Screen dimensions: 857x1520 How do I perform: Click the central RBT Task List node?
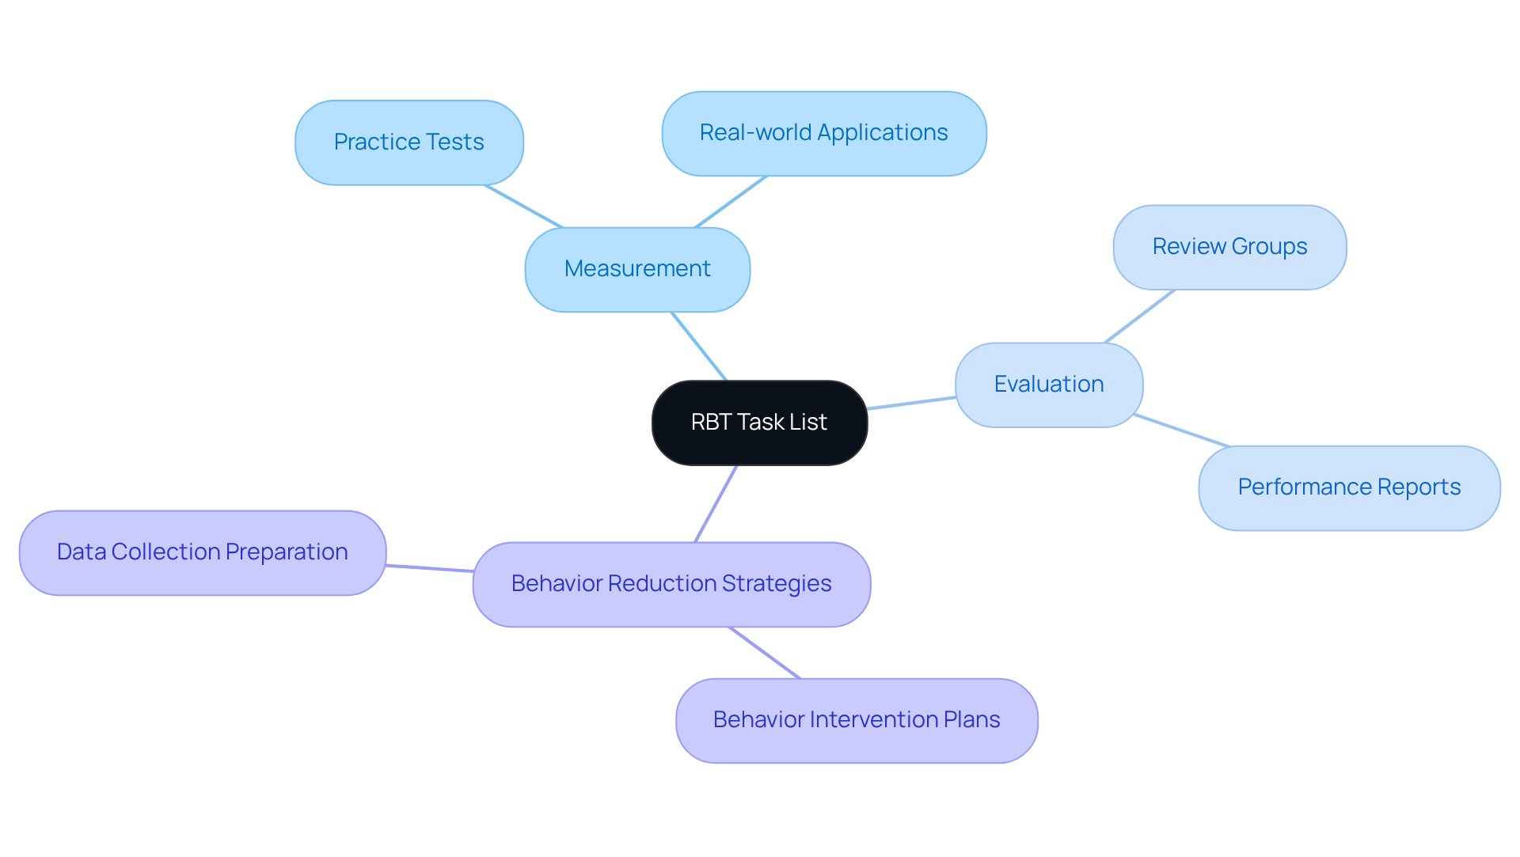pos(759,423)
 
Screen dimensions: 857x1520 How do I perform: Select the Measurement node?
pos(637,269)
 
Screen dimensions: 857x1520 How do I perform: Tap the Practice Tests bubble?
pos(408,142)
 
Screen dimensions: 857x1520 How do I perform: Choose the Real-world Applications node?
pos(823,133)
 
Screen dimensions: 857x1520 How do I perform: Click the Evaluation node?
pos(1048,385)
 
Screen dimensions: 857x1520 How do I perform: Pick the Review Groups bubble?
pos(1229,247)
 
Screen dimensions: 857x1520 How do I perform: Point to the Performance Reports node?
pos(1348,487)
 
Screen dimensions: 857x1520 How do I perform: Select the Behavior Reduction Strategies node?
pos(671,584)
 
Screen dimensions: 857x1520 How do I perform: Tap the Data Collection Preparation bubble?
pos(202,552)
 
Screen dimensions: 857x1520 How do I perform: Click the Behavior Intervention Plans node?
pos(856,720)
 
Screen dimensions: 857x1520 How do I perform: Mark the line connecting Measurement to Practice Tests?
pos(523,206)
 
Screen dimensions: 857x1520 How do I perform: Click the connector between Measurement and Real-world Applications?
pos(731,202)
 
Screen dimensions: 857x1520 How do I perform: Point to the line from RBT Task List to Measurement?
pos(698,346)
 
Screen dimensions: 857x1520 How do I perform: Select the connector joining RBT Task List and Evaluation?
pos(911,403)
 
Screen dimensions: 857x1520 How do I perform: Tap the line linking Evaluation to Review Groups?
pos(1139,316)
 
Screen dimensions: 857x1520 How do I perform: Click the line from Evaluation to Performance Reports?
pos(1181,430)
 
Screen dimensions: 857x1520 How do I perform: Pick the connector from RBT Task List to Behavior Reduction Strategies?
pos(716,503)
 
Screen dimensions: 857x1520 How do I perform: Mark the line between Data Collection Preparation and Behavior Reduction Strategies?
pos(430,568)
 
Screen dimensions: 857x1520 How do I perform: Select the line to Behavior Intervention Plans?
pos(765,653)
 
